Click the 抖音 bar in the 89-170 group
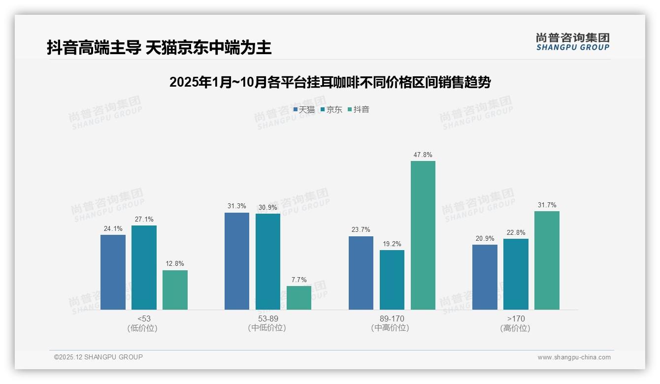tap(423, 235)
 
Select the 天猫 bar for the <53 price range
tap(113, 272)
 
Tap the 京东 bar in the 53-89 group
tap(268, 261)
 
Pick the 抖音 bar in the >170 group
tap(547, 260)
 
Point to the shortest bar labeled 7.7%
tap(299, 298)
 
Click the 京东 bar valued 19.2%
tap(392, 280)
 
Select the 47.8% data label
tap(423, 155)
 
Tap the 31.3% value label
tap(237, 206)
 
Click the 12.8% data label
tap(175, 264)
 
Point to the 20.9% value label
tap(485, 238)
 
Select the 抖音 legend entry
tap(359, 110)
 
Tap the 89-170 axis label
tap(392, 319)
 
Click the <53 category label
tap(144, 319)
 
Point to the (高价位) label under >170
tap(515, 328)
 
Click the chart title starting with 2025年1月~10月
tap(330, 82)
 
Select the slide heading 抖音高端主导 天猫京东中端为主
tap(159, 47)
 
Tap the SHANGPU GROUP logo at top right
tap(572, 42)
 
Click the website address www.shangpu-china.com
tap(574, 357)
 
